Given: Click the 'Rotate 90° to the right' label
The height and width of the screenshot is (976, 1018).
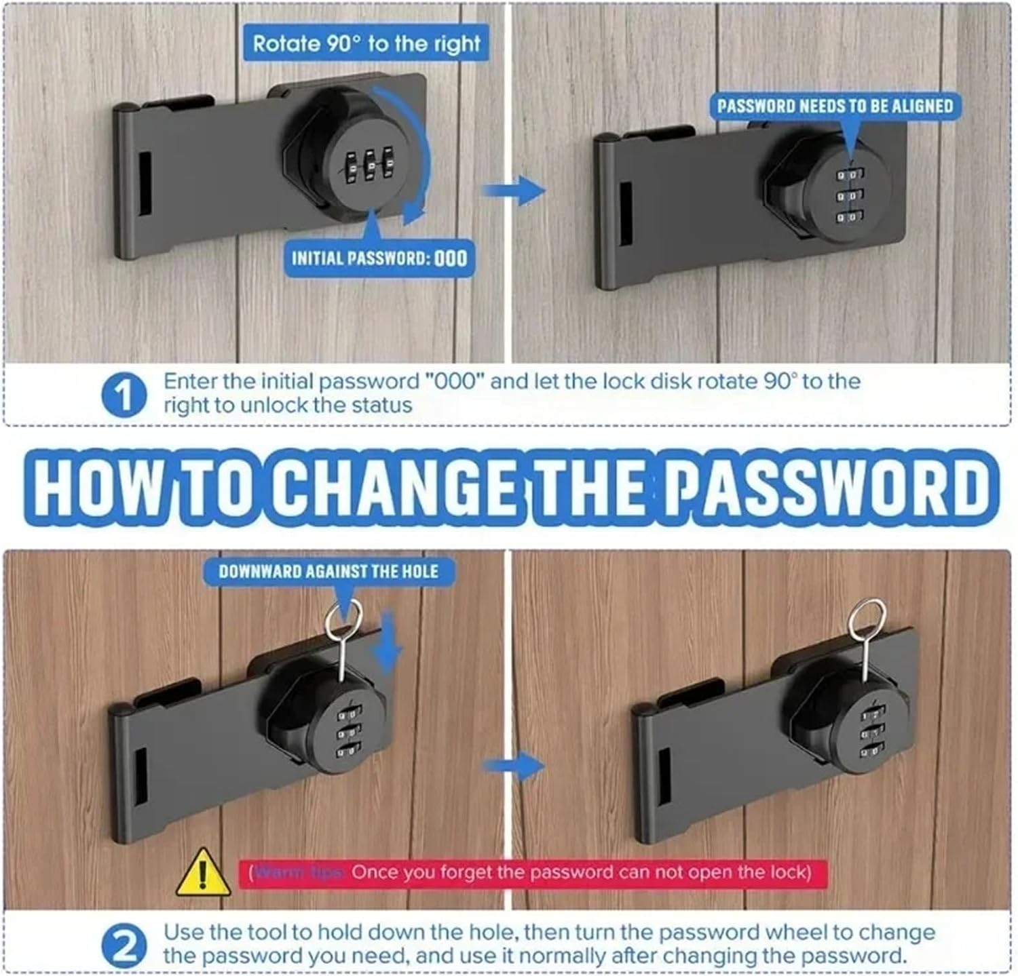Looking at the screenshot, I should [366, 44].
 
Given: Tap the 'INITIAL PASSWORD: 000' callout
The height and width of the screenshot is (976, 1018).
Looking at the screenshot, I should [379, 258].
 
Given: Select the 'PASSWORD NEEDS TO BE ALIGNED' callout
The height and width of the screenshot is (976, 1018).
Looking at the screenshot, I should [835, 106].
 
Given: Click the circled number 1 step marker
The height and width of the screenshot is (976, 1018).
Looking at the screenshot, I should [124, 395].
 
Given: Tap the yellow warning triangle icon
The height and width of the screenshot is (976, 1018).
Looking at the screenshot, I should [202, 873].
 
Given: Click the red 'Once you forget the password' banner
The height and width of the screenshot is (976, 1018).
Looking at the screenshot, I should [533, 872].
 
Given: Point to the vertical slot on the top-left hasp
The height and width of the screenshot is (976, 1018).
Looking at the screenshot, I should [145, 184].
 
